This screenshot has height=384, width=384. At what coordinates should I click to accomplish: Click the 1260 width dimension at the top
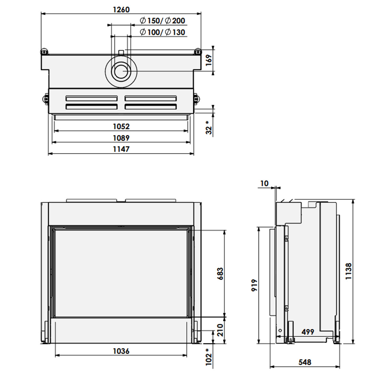(121, 10)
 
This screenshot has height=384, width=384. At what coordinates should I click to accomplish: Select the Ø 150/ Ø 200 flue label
(162, 20)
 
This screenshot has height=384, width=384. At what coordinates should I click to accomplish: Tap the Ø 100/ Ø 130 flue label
(162, 32)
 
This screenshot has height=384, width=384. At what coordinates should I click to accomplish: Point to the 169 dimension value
(209, 60)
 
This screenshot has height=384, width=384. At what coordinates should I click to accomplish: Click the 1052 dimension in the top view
(121, 126)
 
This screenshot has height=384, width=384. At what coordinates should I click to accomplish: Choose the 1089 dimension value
(121, 138)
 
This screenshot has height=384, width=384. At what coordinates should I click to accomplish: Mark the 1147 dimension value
(121, 149)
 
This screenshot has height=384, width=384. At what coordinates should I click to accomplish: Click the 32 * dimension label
(209, 128)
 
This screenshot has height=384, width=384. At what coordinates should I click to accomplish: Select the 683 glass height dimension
(220, 274)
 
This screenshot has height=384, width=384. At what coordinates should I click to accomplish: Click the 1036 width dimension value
(121, 351)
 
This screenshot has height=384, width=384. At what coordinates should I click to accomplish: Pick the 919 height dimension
(254, 285)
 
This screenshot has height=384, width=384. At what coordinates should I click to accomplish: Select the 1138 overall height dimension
(348, 271)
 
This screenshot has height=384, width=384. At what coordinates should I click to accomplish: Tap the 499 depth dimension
(308, 332)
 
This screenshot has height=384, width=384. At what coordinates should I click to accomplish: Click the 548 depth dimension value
(305, 362)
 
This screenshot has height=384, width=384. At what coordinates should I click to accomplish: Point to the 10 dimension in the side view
(264, 183)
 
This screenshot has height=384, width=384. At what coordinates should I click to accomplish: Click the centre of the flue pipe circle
(121, 71)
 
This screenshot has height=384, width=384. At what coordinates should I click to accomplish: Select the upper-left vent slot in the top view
(92, 99)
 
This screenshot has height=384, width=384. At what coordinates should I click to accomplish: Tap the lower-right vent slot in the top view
(151, 107)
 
